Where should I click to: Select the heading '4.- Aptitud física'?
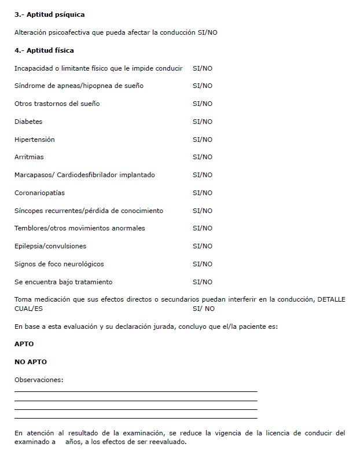pos(44,50)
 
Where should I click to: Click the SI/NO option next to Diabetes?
pos(202,122)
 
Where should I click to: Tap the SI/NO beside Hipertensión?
pos(202,140)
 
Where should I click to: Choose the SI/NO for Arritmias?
pos(202,157)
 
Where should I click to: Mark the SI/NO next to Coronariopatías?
pos(202,193)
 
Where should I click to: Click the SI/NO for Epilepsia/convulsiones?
pos(202,246)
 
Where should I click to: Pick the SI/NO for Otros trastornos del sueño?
pos(202,104)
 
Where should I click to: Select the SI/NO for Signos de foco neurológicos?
pos(202,264)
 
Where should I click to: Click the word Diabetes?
pos(28,122)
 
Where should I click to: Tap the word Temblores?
pos(32,228)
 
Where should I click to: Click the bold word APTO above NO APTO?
pos(24,344)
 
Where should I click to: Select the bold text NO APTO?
pos(31,362)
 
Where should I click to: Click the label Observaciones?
pos(39,380)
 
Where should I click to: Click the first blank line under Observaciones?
pos(135,391)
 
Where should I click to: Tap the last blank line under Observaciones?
pos(135,417)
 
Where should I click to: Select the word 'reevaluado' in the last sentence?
pos(167,442)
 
